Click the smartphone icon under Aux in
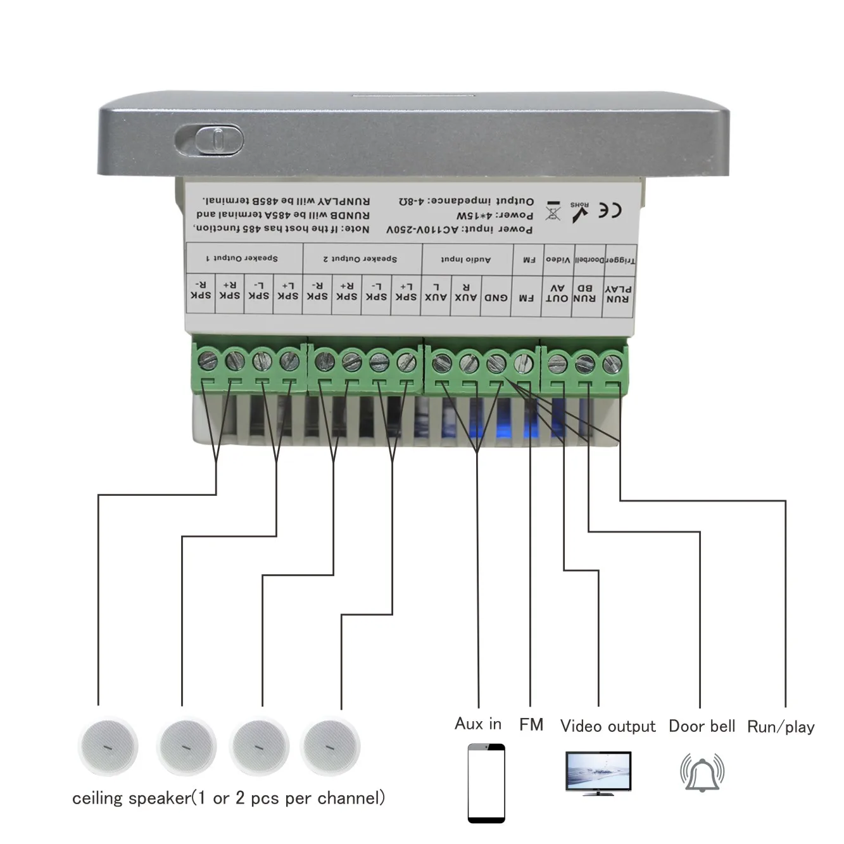(x=486, y=783)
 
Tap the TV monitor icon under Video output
(x=598, y=772)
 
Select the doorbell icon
(x=702, y=772)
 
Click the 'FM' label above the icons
(x=531, y=724)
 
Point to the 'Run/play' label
(x=781, y=727)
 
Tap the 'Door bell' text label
(x=702, y=726)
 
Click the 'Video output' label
(x=607, y=726)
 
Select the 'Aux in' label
(x=478, y=724)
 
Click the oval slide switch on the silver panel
(x=210, y=140)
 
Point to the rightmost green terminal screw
(x=612, y=364)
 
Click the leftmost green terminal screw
(x=208, y=361)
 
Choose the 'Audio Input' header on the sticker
(x=465, y=260)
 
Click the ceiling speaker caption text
(x=228, y=798)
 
